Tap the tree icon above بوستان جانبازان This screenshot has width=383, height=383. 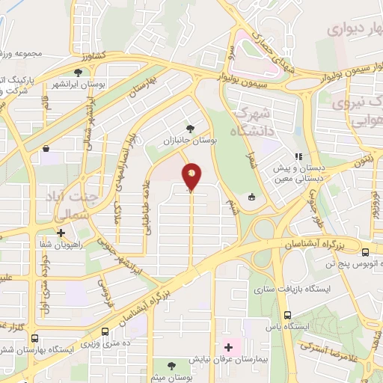pos(189,128)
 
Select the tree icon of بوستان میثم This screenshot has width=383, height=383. pos(172,366)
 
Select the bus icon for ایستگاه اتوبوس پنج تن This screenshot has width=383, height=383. pos(365,252)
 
